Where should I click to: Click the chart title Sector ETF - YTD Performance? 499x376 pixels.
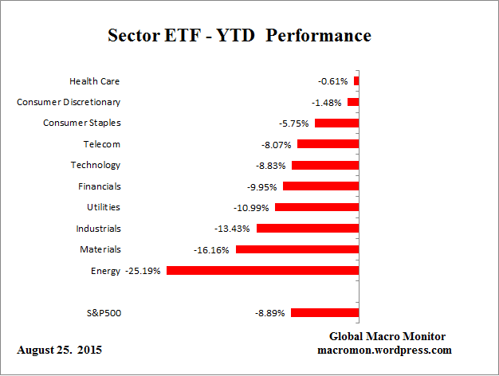239,37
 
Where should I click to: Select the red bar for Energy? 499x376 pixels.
262,271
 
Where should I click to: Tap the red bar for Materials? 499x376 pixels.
297,249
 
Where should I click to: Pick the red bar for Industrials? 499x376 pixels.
307,229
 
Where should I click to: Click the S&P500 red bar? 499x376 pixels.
324,313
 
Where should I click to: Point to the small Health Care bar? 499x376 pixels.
356,81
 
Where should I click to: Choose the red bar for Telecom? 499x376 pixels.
328,144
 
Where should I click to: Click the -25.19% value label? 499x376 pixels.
143,271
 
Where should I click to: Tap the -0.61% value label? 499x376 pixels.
333,81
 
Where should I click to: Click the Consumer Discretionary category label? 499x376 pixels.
69,102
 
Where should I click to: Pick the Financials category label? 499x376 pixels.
99,186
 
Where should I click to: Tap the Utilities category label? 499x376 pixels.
104,207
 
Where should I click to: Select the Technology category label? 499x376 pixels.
96,165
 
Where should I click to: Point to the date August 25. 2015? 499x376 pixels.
59,351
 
